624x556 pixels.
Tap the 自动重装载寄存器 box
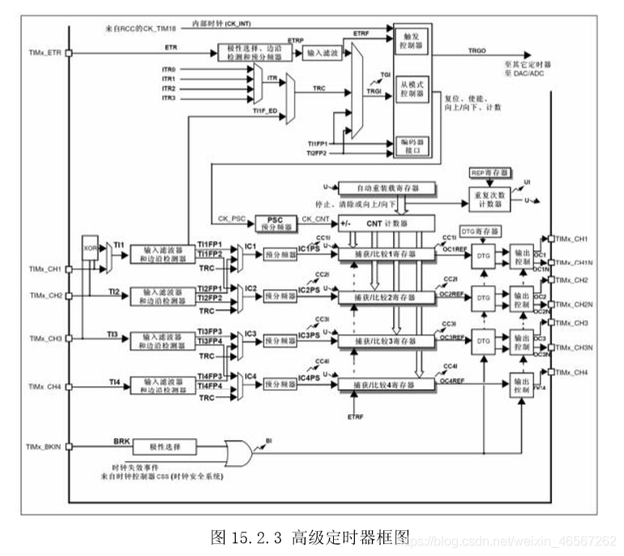click(386, 187)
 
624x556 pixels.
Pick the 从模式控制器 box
click(409, 90)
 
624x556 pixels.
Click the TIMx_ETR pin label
click(44, 53)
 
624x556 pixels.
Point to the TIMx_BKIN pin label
click(45, 446)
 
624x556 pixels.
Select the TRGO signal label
click(477, 50)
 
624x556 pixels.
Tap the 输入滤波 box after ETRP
click(323, 52)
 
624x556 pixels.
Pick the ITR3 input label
click(169, 98)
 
